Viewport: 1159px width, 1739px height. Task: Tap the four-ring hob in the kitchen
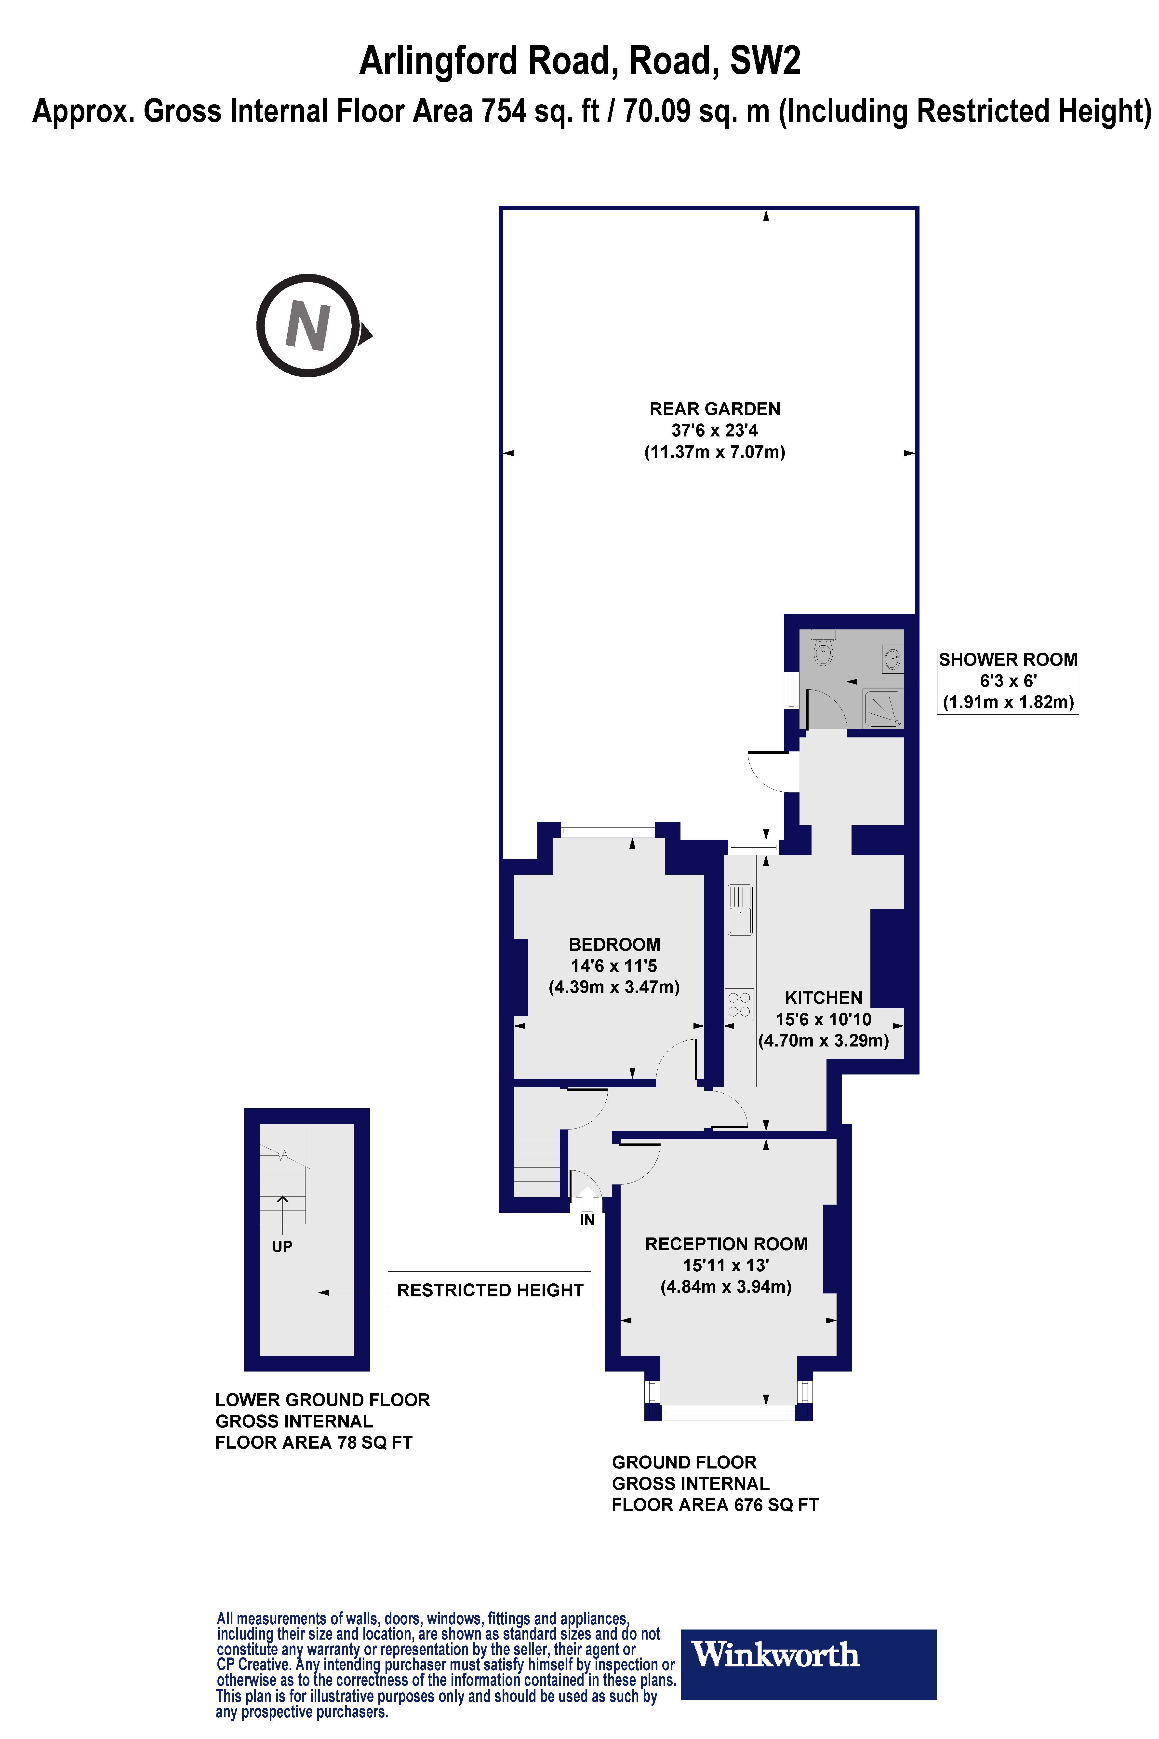click(x=739, y=1004)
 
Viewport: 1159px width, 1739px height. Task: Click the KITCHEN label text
click(x=823, y=997)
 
